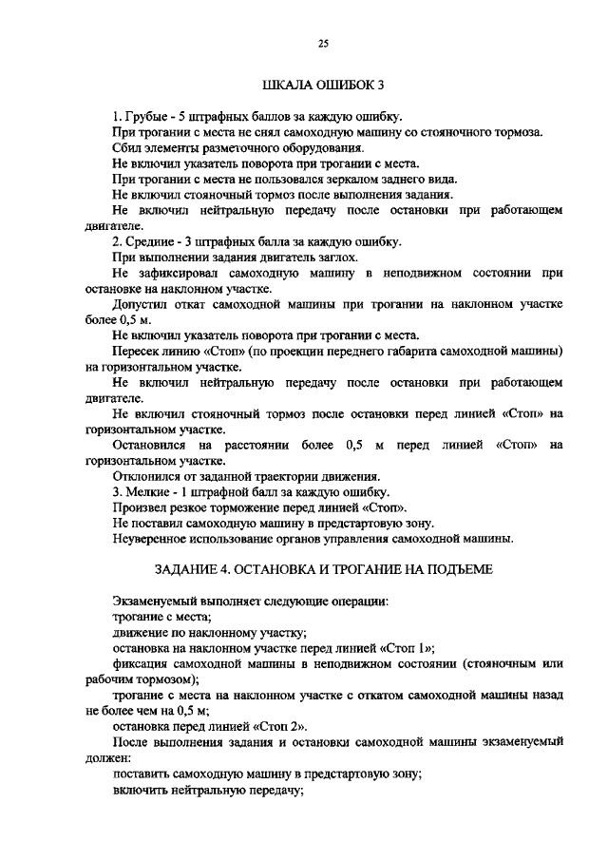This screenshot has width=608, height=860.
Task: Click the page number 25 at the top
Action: (322, 42)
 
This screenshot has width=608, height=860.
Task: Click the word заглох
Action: (337, 258)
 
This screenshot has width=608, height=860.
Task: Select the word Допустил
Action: (142, 304)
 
